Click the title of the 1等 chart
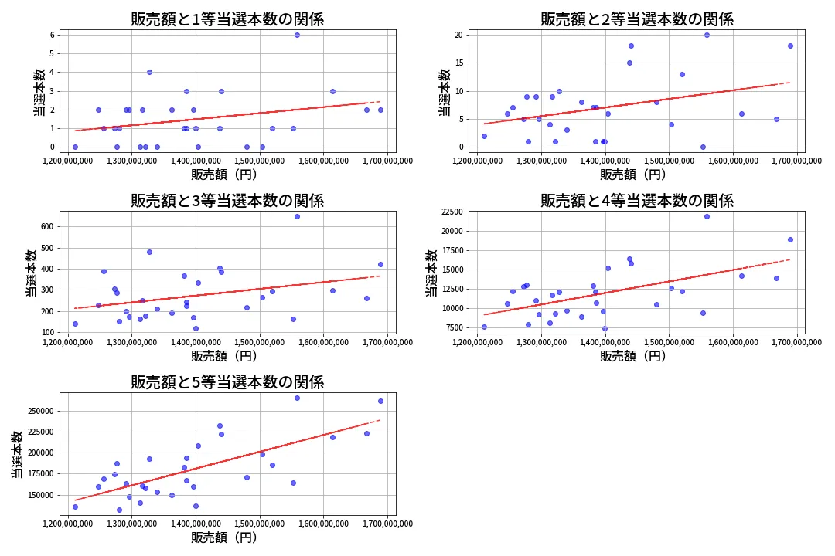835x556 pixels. click(x=227, y=20)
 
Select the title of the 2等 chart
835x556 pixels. click(x=636, y=20)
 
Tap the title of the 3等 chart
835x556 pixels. click(x=227, y=202)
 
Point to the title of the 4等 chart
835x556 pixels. click(x=636, y=202)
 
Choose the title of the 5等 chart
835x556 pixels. click(x=227, y=382)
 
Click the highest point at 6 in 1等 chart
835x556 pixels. click(x=297, y=35)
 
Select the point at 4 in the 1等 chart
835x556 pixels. click(x=149, y=72)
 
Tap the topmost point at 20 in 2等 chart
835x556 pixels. click(x=707, y=35)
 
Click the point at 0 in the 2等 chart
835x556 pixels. click(x=703, y=147)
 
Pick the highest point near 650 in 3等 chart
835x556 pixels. click(x=297, y=216)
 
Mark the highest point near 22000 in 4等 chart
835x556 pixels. click(x=707, y=216)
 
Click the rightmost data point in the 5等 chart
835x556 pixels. click(x=380, y=401)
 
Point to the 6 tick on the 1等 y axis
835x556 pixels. click(x=51, y=35)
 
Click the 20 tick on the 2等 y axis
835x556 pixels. click(x=458, y=35)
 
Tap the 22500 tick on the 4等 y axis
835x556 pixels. click(x=451, y=212)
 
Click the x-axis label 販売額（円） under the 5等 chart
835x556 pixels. click(x=227, y=537)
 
